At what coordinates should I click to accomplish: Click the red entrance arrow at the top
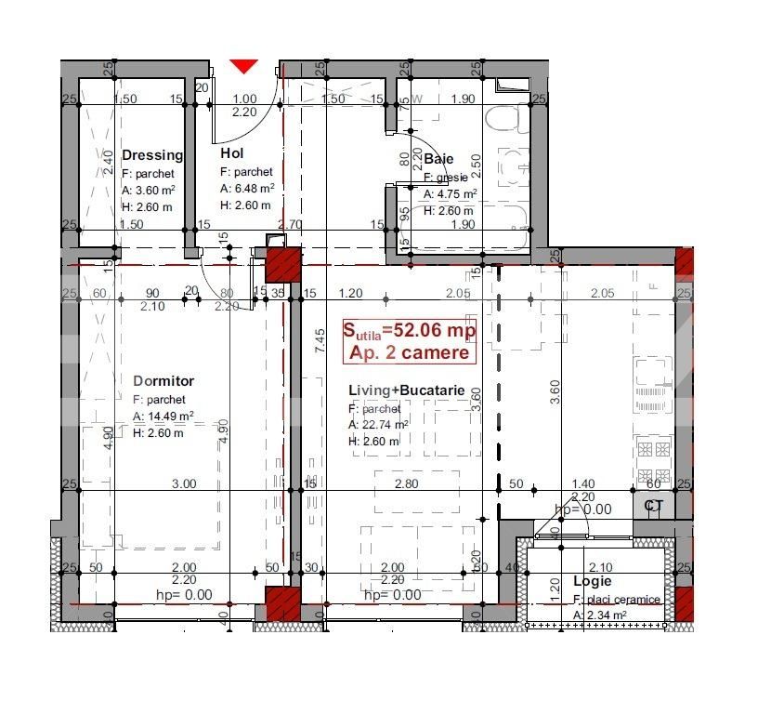click(243, 66)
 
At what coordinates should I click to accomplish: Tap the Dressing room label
click(152, 155)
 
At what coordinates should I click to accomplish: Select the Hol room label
click(231, 154)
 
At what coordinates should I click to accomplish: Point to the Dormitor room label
click(163, 381)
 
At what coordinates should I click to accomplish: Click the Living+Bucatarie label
click(407, 390)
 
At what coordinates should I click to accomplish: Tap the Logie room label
click(592, 581)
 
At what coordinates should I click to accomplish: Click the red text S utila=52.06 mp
click(409, 331)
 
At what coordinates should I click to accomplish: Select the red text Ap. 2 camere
click(409, 352)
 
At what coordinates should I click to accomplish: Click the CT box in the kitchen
click(654, 506)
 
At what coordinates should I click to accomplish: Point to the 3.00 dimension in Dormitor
click(185, 483)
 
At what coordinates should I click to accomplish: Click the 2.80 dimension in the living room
click(405, 483)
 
